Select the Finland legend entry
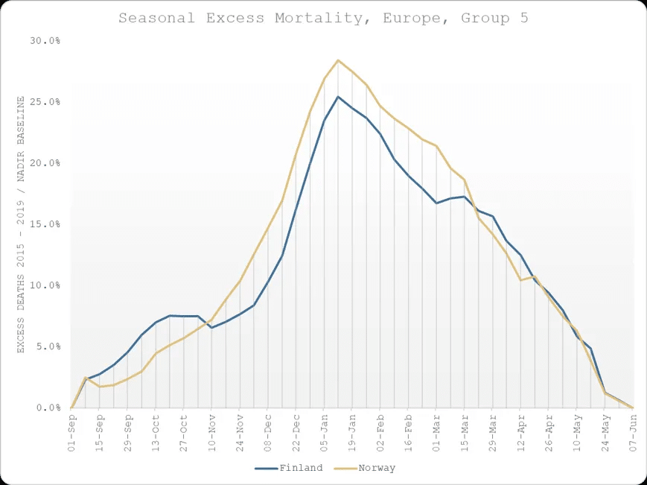(289, 469)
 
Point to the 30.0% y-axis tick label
(45, 40)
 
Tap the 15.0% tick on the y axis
(45, 224)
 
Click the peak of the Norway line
(338, 60)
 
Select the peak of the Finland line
(338, 97)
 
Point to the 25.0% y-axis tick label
(45, 101)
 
